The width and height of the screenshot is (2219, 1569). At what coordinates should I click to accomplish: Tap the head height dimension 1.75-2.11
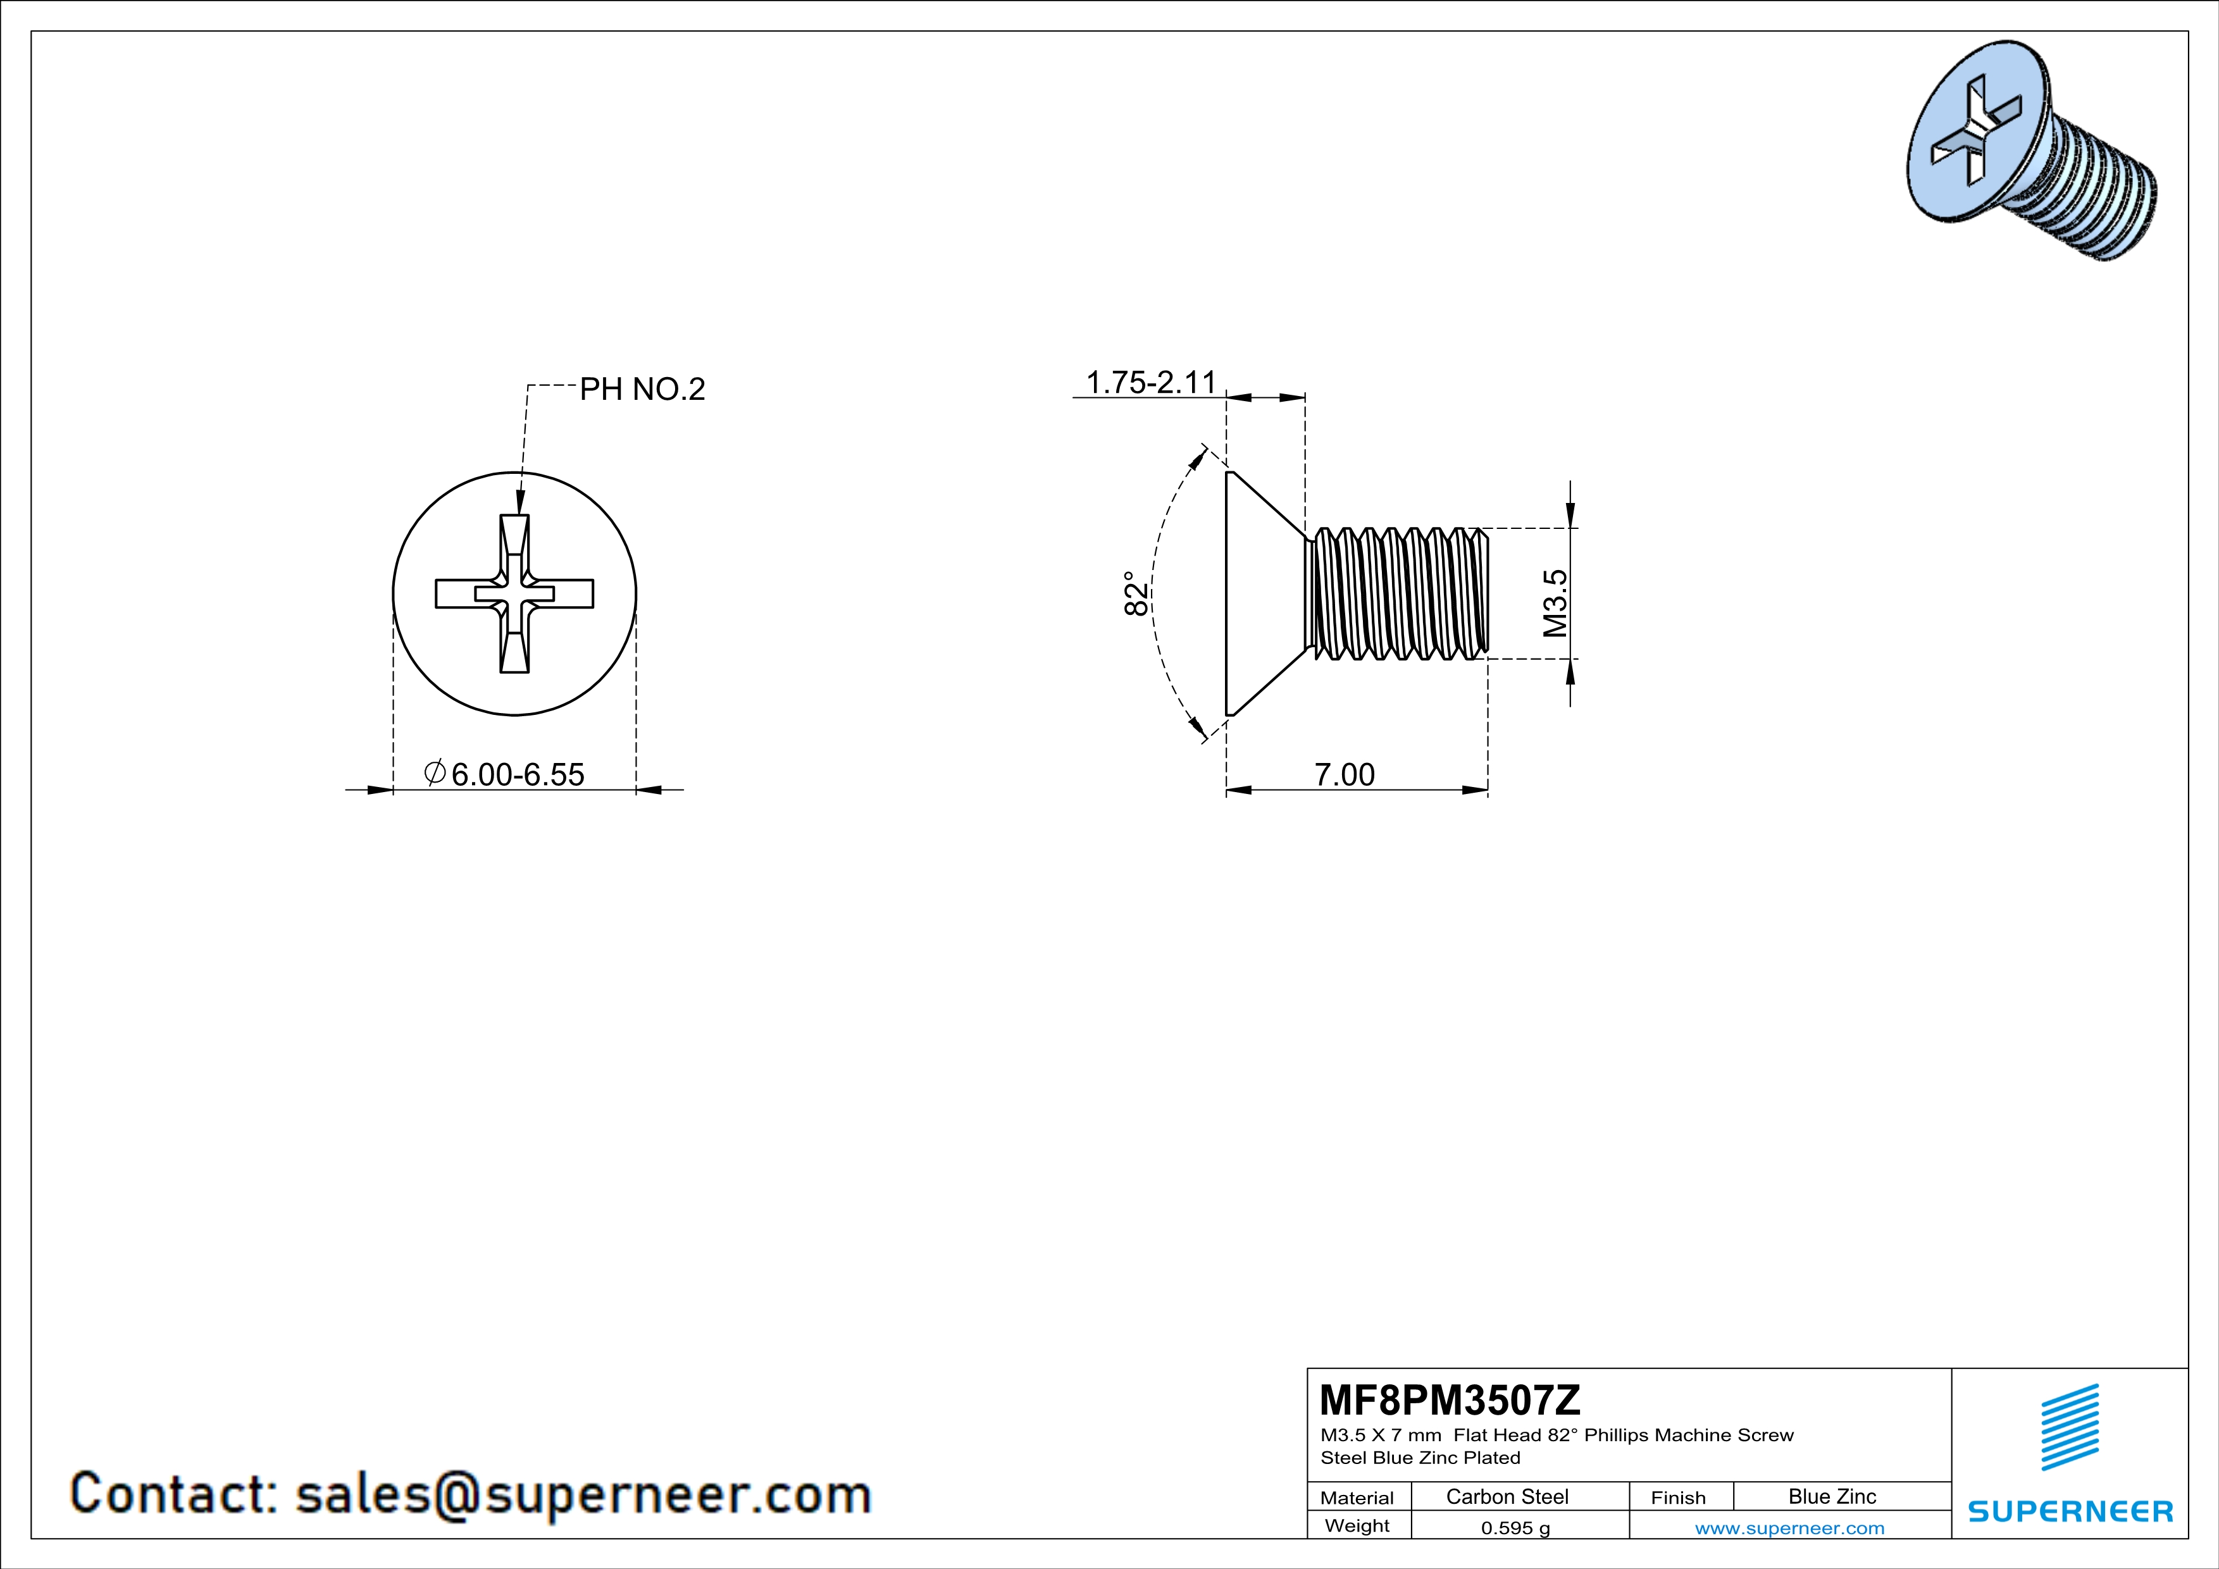[x=1150, y=383]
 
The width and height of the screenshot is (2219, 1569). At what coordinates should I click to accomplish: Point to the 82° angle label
[x=1136, y=593]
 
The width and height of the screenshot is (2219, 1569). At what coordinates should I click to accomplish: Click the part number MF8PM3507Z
[x=1450, y=1399]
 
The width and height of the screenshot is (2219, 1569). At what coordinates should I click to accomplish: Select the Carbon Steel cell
[x=1507, y=1496]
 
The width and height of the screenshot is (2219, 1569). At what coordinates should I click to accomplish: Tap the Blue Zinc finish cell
[x=1831, y=1496]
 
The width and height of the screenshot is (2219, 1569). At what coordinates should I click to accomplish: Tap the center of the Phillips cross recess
[x=514, y=593]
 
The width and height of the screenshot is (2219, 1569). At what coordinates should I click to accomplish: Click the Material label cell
[x=1357, y=1498]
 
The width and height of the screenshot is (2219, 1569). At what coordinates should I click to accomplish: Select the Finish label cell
[x=1678, y=1498]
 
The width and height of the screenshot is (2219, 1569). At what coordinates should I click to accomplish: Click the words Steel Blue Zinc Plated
[x=1420, y=1458]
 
